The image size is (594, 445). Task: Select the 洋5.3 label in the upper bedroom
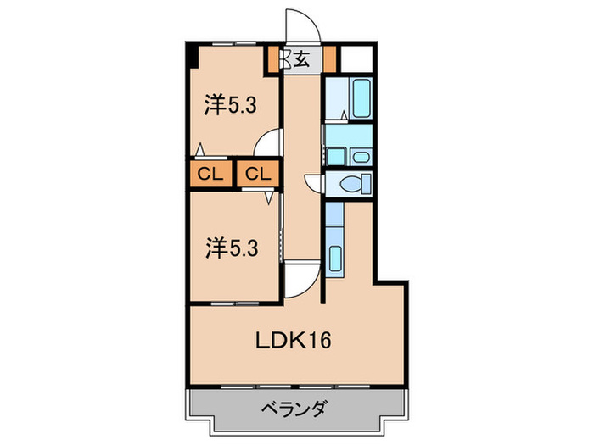tap(229, 106)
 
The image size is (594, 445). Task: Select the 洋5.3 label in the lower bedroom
tap(229, 250)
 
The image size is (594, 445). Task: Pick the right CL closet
tap(258, 175)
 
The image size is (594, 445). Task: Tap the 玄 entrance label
tap(300, 59)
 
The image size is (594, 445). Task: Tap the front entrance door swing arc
tap(304, 25)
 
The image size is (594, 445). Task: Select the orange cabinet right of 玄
tap(329, 60)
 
